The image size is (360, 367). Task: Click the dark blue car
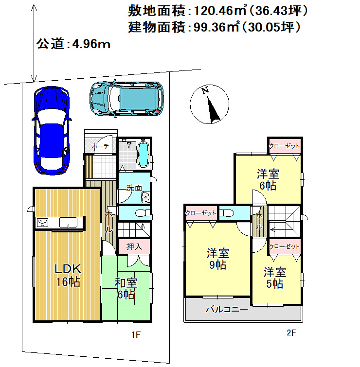52,130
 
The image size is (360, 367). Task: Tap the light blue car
126,99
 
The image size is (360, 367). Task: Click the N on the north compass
205,90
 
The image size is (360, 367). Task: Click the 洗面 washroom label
134,188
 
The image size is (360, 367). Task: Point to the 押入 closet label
134,246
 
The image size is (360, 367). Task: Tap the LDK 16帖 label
68,275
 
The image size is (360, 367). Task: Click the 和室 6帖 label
126,289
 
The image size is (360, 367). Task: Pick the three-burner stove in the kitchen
42,222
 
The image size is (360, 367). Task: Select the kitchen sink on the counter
68,222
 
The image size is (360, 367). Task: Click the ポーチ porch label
100,146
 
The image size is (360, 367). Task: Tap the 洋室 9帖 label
218,259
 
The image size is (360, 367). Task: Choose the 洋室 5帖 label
275,278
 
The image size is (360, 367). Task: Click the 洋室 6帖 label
268,179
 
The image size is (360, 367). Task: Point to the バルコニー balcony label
227,310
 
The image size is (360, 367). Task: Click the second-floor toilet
227,213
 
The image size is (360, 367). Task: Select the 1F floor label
136,335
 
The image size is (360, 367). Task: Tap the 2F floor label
291,332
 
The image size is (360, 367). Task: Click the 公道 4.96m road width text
73,44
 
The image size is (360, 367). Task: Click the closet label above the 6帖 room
284,146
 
